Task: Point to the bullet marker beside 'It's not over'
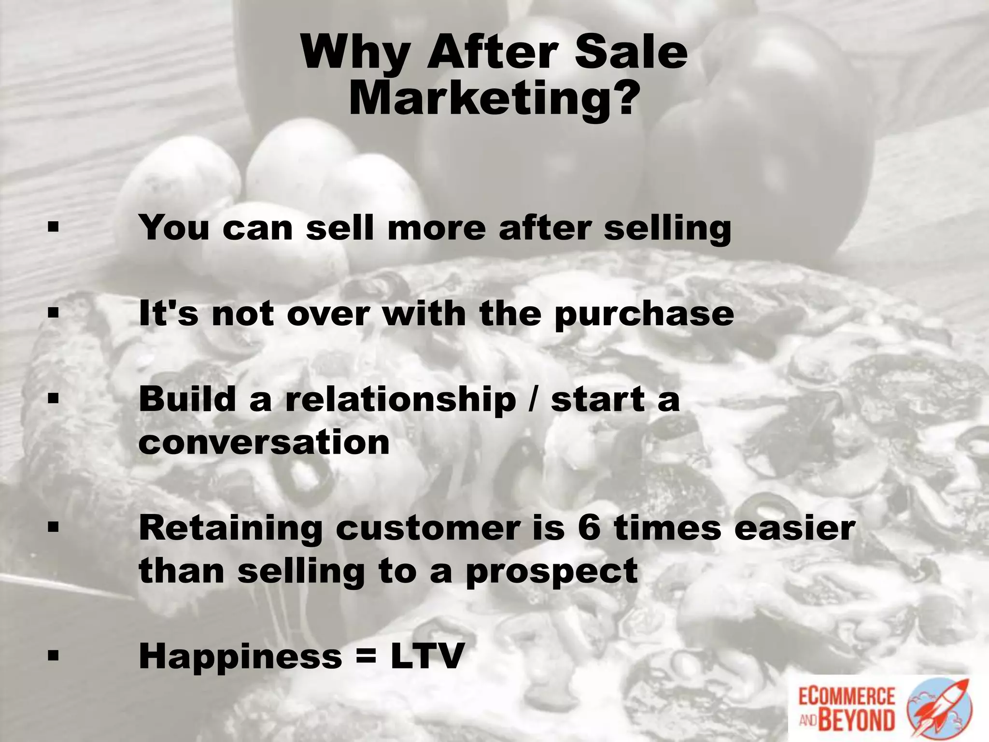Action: (53, 314)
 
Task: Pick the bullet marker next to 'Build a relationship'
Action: (53, 400)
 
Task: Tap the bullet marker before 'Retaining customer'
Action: (53, 528)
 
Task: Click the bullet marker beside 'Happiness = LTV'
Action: (53, 656)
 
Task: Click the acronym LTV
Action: (427, 656)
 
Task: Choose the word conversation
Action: (264, 442)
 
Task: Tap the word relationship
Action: (400, 400)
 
